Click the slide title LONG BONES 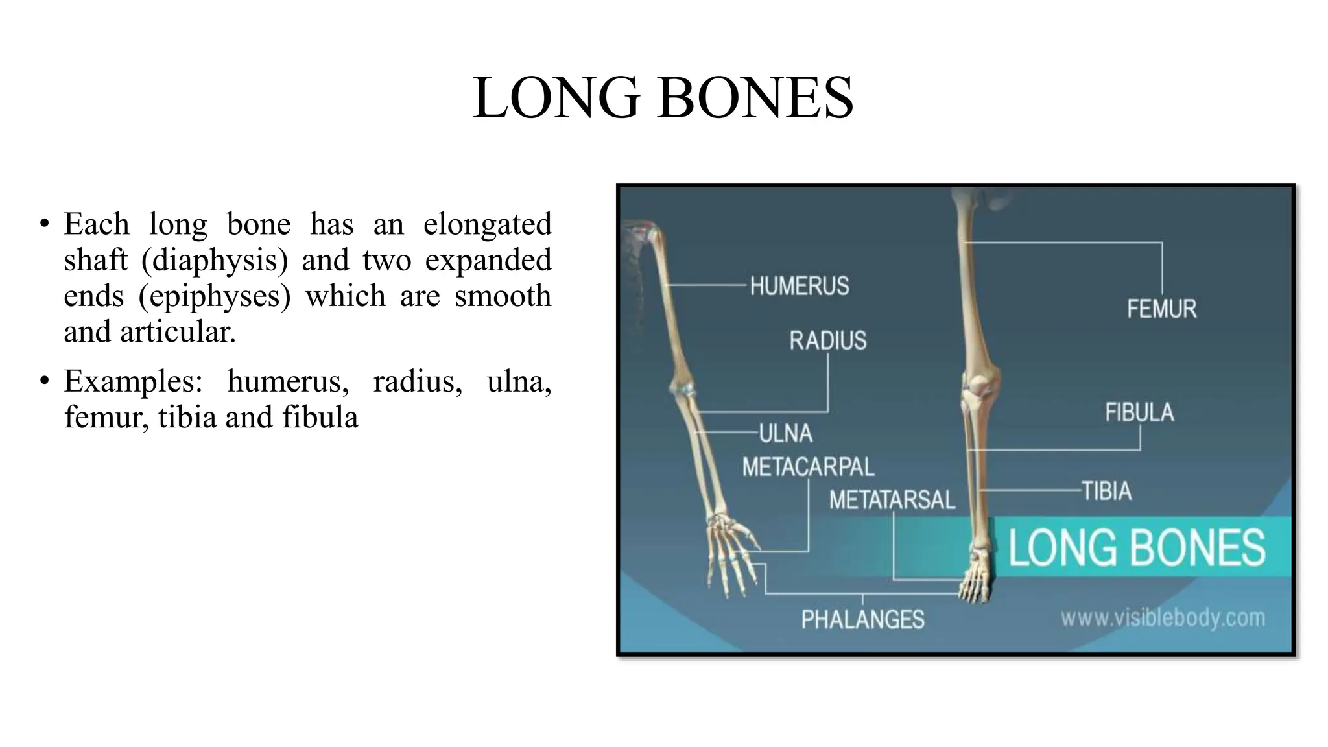(x=663, y=98)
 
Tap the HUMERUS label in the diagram (x=799, y=286)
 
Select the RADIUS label (x=827, y=340)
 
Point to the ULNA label (x=785, y=433)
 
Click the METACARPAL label (x=808, y=467)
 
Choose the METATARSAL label (x=892, y=500)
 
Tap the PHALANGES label (x=862, y=619)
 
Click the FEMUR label (x=1161, y=309)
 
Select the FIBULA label (x=1139, y=412)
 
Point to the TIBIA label (x=1106, y=491)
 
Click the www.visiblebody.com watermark (x=1163, y=617)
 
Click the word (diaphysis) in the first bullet (x=215, y=261)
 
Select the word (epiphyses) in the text (x=215, y=296)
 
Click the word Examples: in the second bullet (x=133, y=381)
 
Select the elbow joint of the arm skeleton (x=682, y=388)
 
